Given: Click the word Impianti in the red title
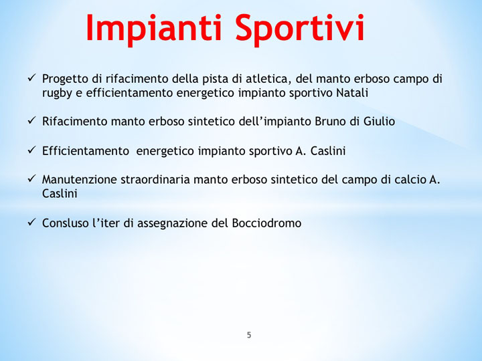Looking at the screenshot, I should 153,28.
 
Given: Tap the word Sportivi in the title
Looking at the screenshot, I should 299,28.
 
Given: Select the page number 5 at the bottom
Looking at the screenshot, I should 249,336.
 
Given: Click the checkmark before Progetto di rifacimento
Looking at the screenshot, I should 31,78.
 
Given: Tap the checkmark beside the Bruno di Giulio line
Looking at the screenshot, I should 31,122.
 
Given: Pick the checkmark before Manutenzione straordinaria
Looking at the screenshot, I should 31,179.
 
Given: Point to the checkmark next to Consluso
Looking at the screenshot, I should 31,223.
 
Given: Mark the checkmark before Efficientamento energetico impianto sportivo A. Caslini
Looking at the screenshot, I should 31,150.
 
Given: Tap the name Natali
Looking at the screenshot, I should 351,93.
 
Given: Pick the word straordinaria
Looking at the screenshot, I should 151,179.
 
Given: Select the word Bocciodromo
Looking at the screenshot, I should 266,223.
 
